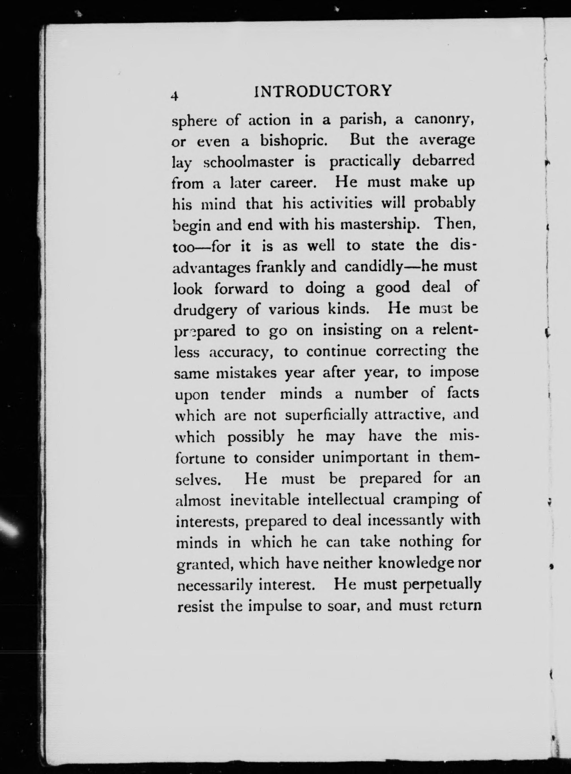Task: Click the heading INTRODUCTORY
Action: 323,91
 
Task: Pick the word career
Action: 293,183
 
